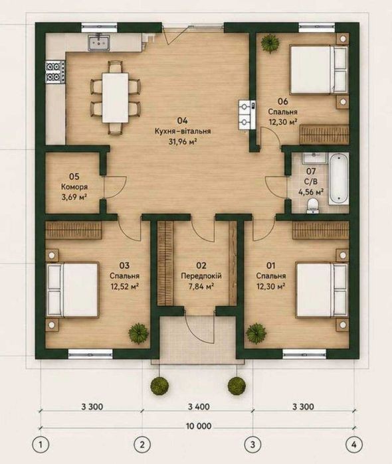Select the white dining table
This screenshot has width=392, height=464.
(x=115, y=98)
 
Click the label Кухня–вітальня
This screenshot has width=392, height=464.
(x=183, y=131)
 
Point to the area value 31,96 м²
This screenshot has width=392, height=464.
(x=183, y=142)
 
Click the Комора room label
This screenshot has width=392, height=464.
(x=74, y=187)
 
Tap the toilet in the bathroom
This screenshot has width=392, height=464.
(x=312, y=205)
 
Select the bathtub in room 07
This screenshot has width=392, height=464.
(x=339, y=179)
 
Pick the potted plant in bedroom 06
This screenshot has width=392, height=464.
(x=270, y=44)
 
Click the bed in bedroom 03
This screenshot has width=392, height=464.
(x=72, y=289)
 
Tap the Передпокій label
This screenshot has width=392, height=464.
(x=201, y=276)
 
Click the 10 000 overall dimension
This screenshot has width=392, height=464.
(x=199, y=426)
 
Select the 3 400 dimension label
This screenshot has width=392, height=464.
(x=199, y=407)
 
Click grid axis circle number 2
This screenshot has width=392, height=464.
(x=143, y=445)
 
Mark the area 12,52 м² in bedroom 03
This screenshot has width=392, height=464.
(x=125, y=287)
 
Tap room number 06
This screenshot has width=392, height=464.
(x=282, y=102)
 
